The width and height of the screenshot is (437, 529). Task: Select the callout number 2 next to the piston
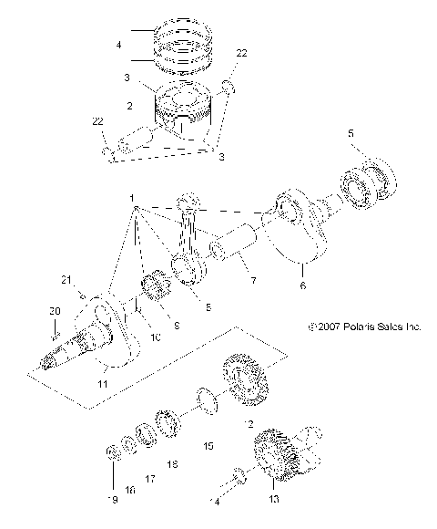(131, 107)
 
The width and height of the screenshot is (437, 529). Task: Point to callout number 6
(302, 285)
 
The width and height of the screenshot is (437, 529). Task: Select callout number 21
(66, 280)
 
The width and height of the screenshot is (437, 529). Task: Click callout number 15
(208, 446)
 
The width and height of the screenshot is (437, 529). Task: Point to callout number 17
(151, 479)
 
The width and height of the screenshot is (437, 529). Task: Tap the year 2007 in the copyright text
(328, 326)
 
